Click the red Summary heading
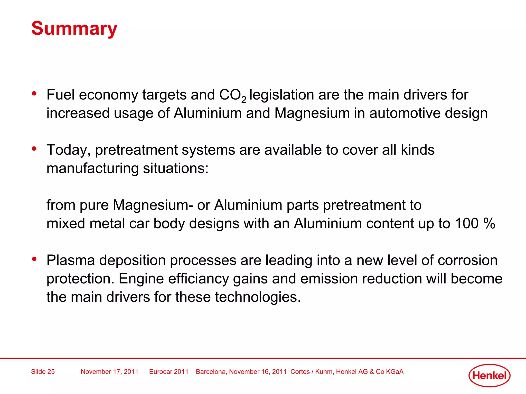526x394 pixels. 74,28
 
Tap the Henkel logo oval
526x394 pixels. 489,376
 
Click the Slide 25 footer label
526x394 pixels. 43,372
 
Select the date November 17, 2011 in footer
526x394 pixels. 109,372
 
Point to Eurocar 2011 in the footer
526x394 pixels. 169,372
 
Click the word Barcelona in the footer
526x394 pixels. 211,372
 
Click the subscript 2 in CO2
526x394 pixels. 244,100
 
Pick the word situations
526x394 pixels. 176,169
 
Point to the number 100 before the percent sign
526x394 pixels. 467,223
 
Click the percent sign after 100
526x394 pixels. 489,223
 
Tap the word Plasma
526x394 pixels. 71,260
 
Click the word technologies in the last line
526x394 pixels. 258,297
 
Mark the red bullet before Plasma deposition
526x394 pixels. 34,259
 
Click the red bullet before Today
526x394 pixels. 34,149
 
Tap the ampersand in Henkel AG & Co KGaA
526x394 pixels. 372,372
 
